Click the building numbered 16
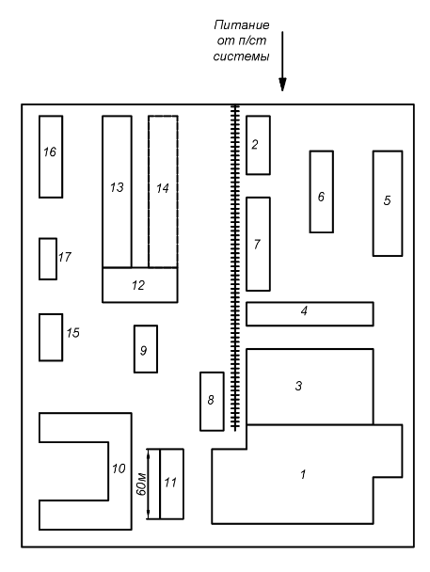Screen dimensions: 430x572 click(51, 157)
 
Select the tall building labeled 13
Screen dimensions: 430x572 click(117, 192)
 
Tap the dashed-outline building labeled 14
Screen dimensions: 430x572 click(163, 192)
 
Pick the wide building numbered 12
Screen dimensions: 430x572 click(140, 285)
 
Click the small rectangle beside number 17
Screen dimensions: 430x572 click(48, 259)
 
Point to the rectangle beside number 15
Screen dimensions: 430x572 click(51, 338)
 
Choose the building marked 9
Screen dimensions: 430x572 click(146, 349)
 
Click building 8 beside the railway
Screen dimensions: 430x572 click(212, 402)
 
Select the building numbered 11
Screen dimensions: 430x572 click(171, 484)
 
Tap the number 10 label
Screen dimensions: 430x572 click(119, 469)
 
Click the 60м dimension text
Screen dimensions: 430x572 click(141, 485)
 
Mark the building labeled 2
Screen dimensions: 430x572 click(258, 145)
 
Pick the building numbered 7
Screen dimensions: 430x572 click(258, 244)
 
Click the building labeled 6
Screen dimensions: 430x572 click(321, 192)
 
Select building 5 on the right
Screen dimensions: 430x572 click(388, 203)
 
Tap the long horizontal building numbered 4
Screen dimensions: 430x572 click(310, 313)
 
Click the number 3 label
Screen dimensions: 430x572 click(298, 386)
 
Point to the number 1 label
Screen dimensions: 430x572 click(303, 474)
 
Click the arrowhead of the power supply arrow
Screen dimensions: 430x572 click(282, 85)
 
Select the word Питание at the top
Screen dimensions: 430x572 click(242, 24)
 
